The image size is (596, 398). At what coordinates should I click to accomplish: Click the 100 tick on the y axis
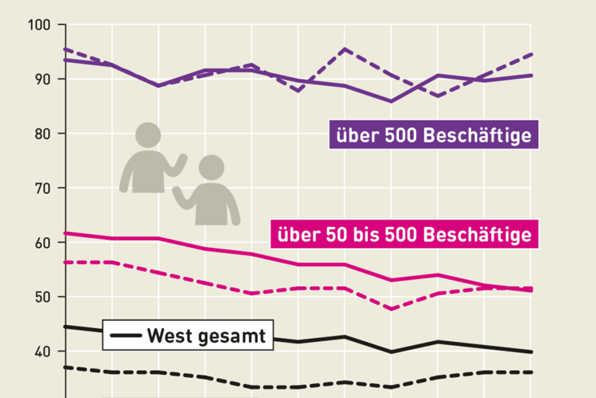pyautogui.click(x=40, y=26)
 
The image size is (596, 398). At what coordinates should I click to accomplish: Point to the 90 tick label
pyautogui.click(x=42, y=79)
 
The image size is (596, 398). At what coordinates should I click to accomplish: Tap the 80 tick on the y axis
pyautogui.click(x=42, y=134)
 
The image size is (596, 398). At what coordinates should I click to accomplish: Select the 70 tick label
pyautogui.click(x=42, y=188)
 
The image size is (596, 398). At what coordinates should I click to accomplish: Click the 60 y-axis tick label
pyautogui.click(x=42, y=243)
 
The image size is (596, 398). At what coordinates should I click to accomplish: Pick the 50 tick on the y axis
pyautogui.click(x=42, y=297)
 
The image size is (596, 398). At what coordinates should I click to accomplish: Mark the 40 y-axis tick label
pyautogui.click(x=42, y=351)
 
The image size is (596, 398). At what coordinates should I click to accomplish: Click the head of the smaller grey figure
pyautogui.click(x=210, y=167)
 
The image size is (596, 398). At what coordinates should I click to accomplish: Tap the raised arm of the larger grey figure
pyautogui.click(x=180, y=164)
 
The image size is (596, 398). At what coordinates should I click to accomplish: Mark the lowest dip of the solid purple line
pyautogui.click(x=391, y=101)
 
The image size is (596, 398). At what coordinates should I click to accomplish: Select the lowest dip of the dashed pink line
pyautogui.click(x=391, y=309)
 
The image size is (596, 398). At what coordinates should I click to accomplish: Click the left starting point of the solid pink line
pyautogui.click(x=66, y=232)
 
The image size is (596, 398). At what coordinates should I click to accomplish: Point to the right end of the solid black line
pyautogui.click(x=532, y=352)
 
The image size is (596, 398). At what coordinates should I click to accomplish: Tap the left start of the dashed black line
pyautogui.click(x=66, y=367)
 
